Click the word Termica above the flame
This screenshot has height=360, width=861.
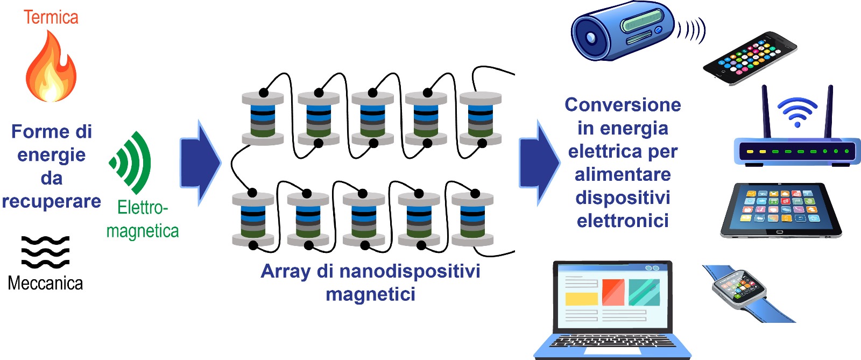[51, 18]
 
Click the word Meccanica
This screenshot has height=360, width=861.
[45, 284]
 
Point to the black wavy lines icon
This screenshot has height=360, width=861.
[45, 252]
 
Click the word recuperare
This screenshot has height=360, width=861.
[52, 202]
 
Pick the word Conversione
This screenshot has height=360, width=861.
[623, 105]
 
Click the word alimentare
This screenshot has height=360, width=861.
[623, 175]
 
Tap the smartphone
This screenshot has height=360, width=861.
[750, 58]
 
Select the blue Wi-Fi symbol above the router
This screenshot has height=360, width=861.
[797, 111]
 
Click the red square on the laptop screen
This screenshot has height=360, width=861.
[613, 292]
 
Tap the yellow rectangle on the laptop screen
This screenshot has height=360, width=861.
[582, 299]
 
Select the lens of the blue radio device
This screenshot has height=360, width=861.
[590, 37]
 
